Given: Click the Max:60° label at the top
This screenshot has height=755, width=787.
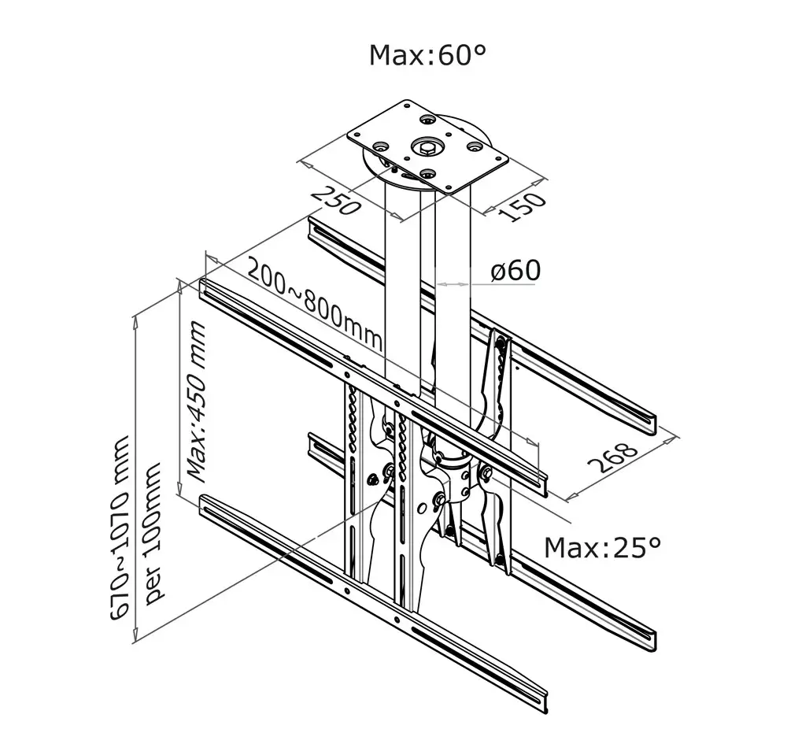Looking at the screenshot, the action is click(x=427, y=55).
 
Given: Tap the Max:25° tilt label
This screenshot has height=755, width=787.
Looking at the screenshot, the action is click(x=602, y=548).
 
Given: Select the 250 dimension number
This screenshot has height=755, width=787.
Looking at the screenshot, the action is click(x=336, y=200).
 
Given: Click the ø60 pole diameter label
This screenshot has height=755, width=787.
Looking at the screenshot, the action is click(x=516, y=270).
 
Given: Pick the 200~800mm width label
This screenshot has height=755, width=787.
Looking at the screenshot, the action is click(x=316, y=305).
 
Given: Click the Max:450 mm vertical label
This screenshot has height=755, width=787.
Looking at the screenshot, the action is click(x=196, y=402).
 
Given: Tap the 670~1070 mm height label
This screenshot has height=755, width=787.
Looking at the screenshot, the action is click(x=121, y=528).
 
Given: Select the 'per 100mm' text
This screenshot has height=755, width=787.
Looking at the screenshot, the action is click(x=153, y=533).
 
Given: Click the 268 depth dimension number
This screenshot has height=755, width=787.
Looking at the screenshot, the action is click(x=612, y=457).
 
